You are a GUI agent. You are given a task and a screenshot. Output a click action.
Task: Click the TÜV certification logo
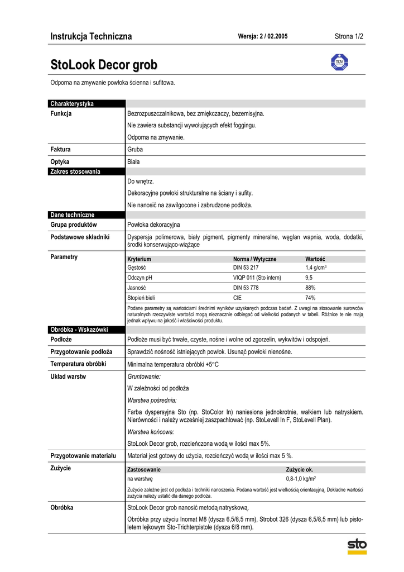339,63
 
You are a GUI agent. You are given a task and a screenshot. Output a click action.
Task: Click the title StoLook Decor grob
104,64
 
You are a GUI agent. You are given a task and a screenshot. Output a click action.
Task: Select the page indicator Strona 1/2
349,37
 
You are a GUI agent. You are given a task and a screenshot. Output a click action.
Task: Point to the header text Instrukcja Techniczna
91,37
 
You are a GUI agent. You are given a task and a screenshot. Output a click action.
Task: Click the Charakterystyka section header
72,104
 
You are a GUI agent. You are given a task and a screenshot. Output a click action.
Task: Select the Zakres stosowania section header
75,171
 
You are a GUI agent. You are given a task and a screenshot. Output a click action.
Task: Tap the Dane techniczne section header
73,214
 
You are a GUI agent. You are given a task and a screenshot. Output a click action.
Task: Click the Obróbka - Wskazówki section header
79,330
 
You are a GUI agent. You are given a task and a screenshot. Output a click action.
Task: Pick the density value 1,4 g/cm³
316,268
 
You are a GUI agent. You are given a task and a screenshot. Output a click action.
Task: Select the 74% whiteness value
310,298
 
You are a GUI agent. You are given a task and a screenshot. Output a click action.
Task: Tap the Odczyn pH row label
140,278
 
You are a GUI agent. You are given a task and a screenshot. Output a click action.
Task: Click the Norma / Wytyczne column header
254,259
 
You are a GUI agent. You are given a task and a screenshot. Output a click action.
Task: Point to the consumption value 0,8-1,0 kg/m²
301,479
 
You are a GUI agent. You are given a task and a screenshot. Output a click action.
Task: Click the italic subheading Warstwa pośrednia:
152,400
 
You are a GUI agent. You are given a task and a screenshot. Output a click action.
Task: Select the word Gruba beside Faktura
135,150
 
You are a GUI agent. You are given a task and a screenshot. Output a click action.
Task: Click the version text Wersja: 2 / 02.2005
263,37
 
